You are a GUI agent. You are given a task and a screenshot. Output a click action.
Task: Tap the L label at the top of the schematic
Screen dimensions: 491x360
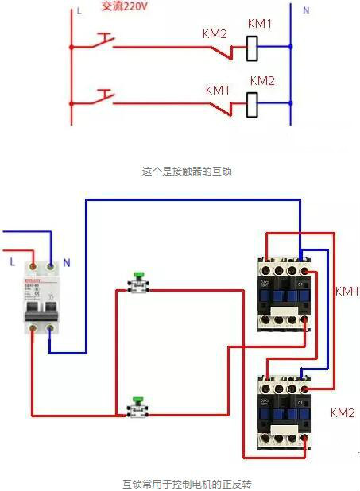click(78, 12)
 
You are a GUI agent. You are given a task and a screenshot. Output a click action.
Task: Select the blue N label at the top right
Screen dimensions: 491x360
click(305, 10)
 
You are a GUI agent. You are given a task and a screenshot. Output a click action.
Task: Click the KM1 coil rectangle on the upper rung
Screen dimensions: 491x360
click(253, 47)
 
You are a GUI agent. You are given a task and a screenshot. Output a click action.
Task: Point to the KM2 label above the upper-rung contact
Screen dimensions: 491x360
click(215, 33)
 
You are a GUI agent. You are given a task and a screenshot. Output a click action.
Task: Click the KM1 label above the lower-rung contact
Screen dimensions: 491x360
click(218, 90)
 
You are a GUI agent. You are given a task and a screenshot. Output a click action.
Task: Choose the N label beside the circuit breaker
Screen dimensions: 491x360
click(66, 261)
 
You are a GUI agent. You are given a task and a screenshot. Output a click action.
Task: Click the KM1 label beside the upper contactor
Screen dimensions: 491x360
click(347, 292)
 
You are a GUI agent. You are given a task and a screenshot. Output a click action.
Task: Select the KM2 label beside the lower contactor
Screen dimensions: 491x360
click(343, 412)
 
